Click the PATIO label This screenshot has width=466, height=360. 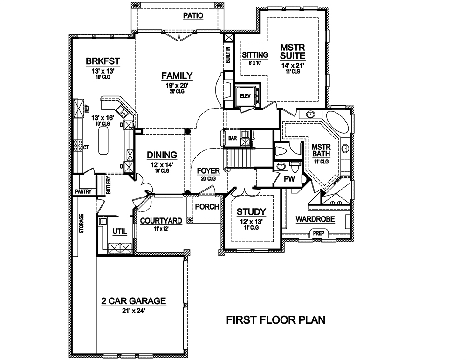tap(193, 15)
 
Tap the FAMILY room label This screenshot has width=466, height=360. tap(177, 75)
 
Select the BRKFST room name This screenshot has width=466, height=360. tap(103, 61)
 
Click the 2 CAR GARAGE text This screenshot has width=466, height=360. tap(133, 301)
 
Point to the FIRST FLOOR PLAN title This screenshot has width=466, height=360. tap(275, 320)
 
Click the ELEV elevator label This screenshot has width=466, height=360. tap(245, 96)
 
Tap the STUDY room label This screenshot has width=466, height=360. tap(251, 211)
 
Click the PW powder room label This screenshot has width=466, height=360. tap(289, 178)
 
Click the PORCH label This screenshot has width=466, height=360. tap(207, 206)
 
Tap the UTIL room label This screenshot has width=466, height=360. tap(119, 231)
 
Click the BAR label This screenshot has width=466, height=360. tap(233, 138)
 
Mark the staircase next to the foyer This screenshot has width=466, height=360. tap(240, 158)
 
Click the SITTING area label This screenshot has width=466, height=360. tap(254, 54)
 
